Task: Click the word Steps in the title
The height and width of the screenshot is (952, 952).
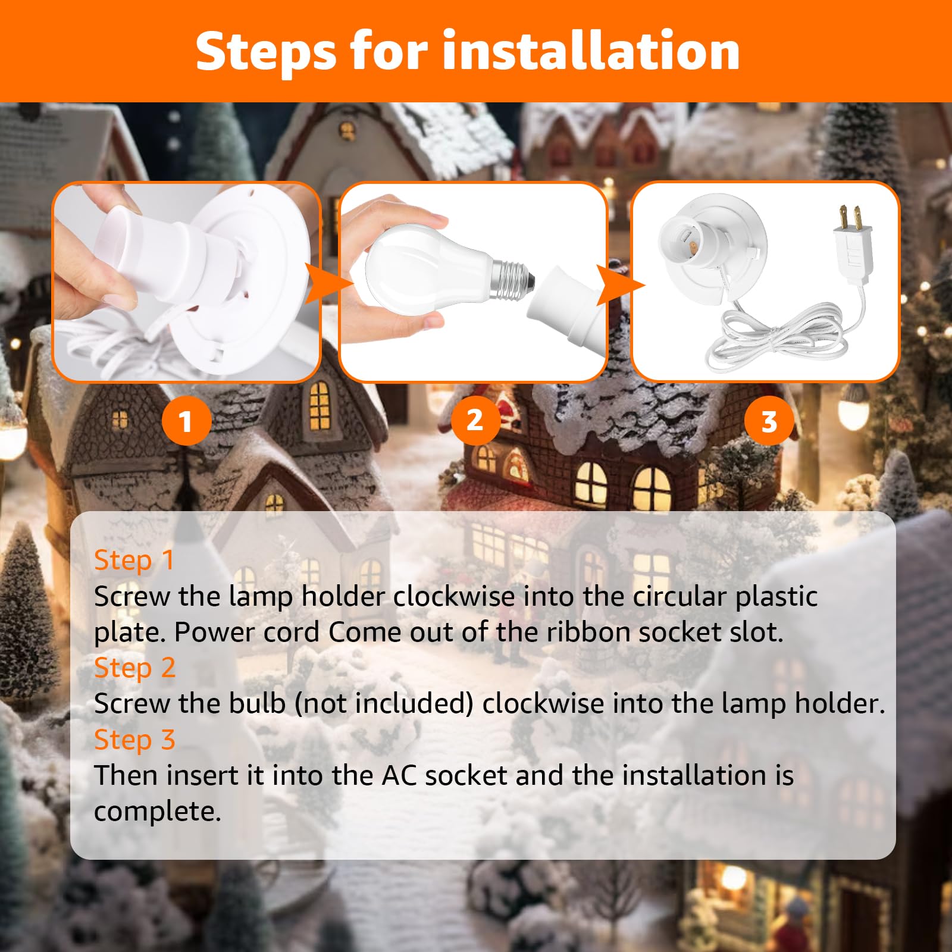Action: click(x=267, y=52)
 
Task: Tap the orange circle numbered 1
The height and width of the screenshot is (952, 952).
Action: click(x=186, y=421)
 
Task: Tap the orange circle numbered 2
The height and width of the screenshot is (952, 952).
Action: click(x=475, y=420)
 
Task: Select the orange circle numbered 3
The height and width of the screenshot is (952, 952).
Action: click(x=769, y=421)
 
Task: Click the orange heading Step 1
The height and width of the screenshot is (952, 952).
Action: click(x=134, y=560)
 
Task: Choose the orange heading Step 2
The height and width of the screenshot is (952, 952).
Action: click(x=134, y=668)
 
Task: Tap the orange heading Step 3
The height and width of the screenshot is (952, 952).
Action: click(x=134, y=740)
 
